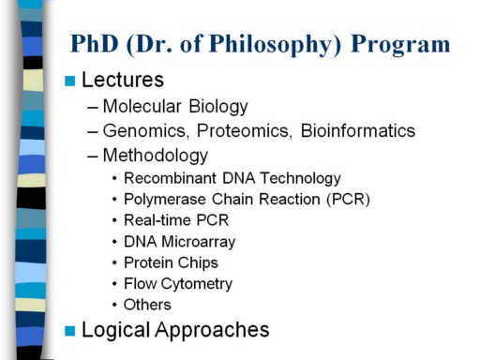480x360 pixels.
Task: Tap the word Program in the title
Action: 400,46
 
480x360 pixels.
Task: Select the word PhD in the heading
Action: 95,43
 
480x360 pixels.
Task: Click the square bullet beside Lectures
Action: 69,81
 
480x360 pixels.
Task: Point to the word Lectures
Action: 123,80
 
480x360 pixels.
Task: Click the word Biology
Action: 218,107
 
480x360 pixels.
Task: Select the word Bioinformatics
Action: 358,130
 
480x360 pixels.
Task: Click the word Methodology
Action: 156,156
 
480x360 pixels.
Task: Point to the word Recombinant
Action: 170,178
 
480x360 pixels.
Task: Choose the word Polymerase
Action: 165,200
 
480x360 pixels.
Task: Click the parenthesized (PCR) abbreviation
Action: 348,200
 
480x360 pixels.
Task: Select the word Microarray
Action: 199,242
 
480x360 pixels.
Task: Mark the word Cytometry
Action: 197,284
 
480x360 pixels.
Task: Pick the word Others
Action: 147,305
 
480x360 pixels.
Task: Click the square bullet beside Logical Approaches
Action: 69,331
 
